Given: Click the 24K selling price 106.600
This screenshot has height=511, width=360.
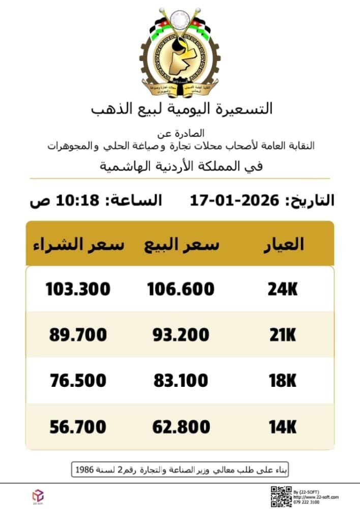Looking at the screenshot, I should (x=181, y=290).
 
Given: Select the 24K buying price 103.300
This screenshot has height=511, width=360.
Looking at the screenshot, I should (x=78, y=290).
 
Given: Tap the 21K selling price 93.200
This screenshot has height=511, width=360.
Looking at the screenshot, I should (x=181, y=335).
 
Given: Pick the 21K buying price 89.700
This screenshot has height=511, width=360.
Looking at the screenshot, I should (x=78, y=335).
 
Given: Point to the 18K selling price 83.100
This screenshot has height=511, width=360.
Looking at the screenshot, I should (x=181, y=381).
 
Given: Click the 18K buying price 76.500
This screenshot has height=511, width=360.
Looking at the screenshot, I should (x=78, y=381).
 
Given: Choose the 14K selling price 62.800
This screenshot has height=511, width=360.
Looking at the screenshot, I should (x=181, y=427).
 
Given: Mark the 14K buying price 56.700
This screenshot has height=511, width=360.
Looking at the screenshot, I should (x=78, y=427).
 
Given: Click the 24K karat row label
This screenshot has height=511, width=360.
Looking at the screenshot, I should (x=282, y=290).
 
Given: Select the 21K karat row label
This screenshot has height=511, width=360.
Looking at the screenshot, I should (x=282, y=335).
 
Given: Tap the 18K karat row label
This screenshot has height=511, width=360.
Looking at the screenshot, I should (x=282, y=381).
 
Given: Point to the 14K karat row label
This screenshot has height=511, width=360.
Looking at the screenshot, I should (x=282, y=427).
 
